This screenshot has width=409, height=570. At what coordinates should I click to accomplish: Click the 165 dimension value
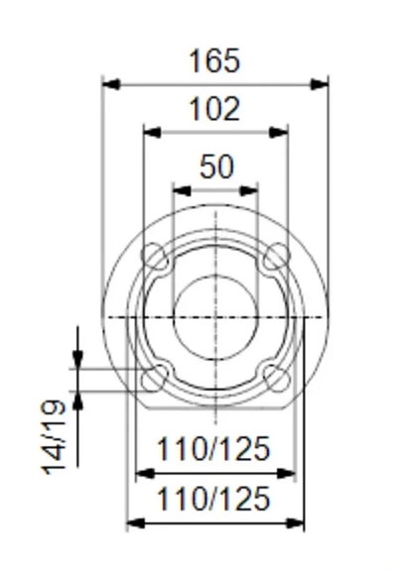(214, 61)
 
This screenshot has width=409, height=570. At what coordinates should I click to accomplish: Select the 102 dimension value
(214, 109)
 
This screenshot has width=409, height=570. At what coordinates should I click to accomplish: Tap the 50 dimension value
(215, 167)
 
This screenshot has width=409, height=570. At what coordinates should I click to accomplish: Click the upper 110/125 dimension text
(213, 450)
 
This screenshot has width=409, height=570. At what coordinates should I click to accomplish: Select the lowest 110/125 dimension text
(213, 499)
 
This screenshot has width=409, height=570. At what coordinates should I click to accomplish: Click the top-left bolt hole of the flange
(155, 256)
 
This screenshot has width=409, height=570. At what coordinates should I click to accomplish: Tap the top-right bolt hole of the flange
(277, 256)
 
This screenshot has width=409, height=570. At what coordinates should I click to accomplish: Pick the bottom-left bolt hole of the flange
(155, 378)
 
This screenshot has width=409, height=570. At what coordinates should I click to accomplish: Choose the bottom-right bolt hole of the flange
(277, 378)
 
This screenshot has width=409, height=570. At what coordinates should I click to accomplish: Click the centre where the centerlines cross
(215, 316)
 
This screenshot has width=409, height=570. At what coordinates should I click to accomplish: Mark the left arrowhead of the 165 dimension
(110, 84)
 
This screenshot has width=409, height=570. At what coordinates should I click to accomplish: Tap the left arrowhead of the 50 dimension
(180, 188)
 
